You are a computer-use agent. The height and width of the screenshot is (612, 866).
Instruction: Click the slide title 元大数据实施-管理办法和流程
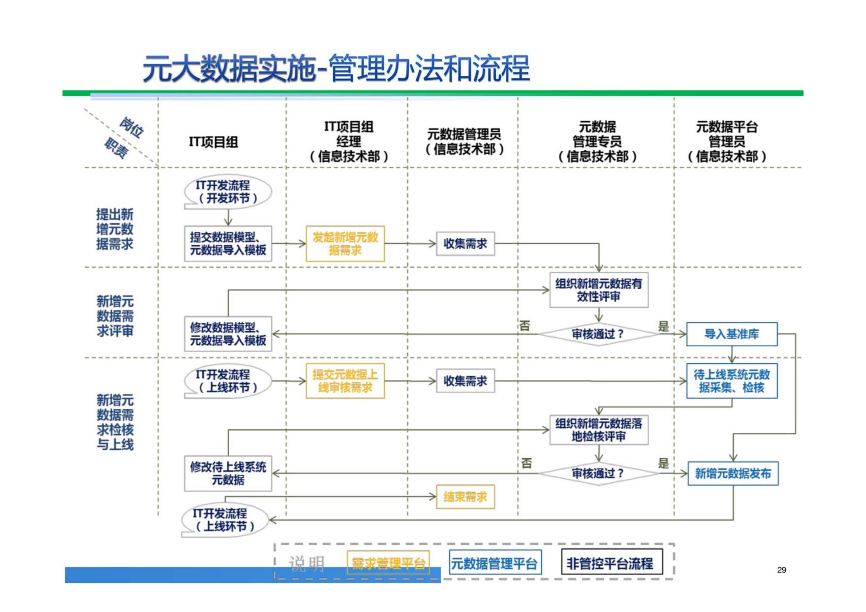coord(336,68)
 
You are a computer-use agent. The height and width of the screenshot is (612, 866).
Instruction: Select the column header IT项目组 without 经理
coord(213,142)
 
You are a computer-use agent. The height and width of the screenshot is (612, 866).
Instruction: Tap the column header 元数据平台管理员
coord(727,141)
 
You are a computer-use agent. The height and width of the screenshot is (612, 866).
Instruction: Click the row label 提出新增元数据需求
coord(115,229)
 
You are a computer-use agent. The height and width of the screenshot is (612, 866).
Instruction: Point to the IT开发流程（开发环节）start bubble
coord(228,192)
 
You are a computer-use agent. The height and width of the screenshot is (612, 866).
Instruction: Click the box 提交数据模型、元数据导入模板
coord(228,244)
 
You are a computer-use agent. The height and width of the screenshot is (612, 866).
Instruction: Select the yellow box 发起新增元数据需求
coord(345,244)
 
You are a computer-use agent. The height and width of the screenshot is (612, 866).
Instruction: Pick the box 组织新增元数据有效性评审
coord(598,290)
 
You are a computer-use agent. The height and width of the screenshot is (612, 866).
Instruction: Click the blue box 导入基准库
coord(731,334)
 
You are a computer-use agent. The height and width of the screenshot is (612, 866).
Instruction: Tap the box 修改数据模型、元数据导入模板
coord(228,334)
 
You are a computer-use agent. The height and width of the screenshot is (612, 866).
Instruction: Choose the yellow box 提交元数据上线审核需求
coord(345,381)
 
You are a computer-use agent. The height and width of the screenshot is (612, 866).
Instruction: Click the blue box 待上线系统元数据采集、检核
coord(731,381)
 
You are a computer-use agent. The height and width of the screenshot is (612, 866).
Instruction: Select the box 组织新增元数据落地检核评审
coord(598,430)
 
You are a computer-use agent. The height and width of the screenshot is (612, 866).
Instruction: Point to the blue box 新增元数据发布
coord(733,473)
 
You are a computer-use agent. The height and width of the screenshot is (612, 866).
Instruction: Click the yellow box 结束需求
coord(465,497)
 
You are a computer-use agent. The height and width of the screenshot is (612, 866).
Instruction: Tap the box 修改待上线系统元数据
coord(228,473)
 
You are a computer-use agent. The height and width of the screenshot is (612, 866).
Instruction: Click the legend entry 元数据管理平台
coord(495,563)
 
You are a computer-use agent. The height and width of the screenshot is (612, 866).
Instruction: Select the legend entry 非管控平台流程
coord(611,563)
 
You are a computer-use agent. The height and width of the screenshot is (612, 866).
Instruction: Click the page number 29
coord(781,570)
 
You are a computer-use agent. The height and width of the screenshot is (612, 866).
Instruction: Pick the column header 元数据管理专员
coord(597,141)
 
